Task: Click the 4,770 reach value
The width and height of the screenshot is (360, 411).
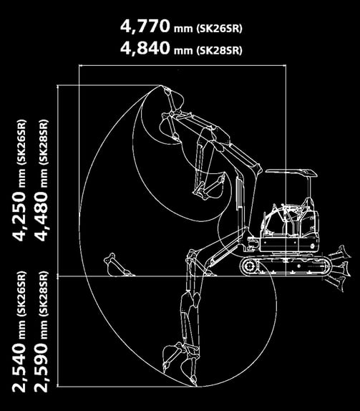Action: click(145, 26)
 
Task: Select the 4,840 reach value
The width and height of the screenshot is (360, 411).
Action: click(145, 48)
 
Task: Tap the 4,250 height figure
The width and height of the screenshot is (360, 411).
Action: click(19, 216)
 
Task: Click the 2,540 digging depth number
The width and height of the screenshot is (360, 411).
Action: click(19, 367)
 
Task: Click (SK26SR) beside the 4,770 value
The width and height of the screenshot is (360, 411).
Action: click(219, 29)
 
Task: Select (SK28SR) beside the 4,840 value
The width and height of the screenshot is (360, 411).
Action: click(219, 50)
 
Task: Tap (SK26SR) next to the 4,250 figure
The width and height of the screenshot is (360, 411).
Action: click(21, 142)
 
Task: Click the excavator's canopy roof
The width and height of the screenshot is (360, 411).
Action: click(291, 173)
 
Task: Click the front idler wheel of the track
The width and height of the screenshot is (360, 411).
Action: click(248, 266)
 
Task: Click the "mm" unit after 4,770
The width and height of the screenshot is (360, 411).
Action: click(183, 29)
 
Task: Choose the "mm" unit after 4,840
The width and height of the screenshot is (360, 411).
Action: click(183, 50)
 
